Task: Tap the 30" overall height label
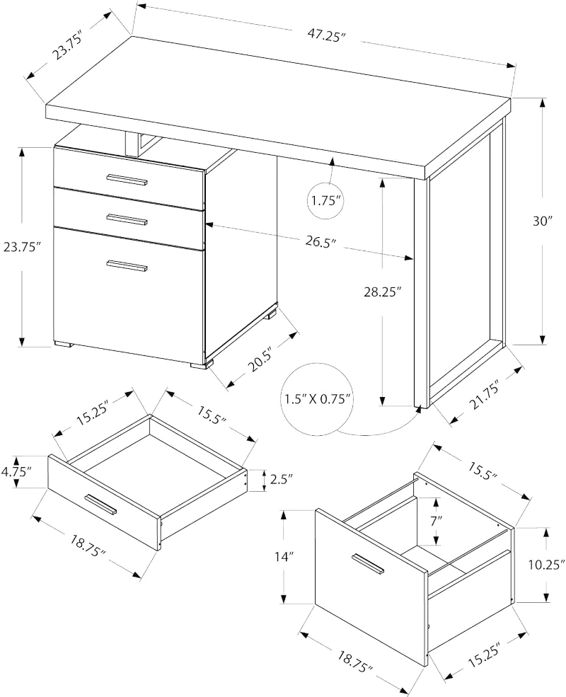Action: (543, 221)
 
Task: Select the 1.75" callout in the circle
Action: (326, 201)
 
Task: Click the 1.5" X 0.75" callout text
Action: (320, 399)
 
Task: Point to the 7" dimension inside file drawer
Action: (436, 520)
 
